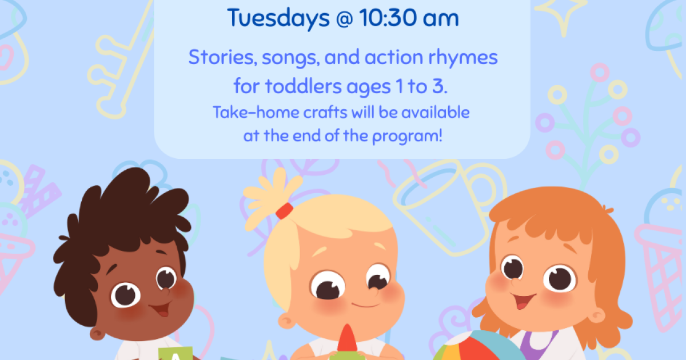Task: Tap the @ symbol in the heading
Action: click(344, 19)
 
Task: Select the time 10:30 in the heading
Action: click(388, 18)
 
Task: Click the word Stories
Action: click(222, 57)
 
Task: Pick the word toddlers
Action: click(303, 86)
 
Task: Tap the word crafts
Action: click(325, 112)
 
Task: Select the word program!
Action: click(407, 136)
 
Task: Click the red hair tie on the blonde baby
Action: click(284, 211)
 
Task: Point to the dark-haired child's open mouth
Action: click(161, 309)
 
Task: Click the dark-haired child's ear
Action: click(97, 333)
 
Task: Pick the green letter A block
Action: click(176, 354)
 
